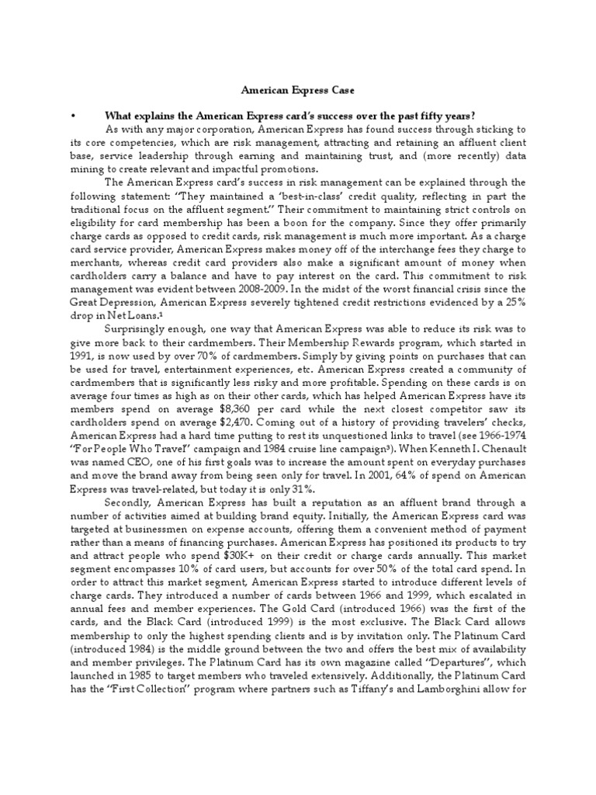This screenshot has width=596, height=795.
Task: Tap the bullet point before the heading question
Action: [71, 115]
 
